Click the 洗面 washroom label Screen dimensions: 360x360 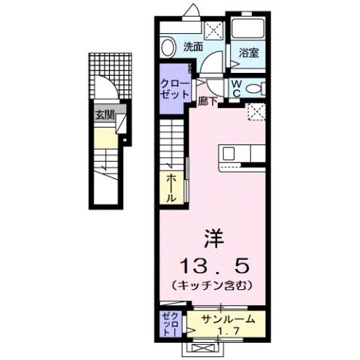point(193,47)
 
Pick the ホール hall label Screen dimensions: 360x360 point(171,187)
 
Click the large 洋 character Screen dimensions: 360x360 point(213,239)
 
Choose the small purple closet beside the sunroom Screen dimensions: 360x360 point(168,324)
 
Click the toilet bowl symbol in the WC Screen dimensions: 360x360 point(256,88)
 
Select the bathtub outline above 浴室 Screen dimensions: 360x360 point(248,29)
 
